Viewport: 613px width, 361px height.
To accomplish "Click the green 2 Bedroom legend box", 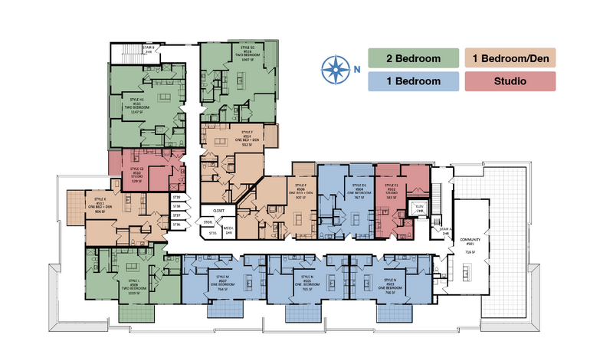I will pyautogui.click(x=414, y=58).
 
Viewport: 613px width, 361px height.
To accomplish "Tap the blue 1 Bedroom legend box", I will pyautogui.click(x=414, y=80).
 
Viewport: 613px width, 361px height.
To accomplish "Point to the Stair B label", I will pyautogui.click(x=149, y=49).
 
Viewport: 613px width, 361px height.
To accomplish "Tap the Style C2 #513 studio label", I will pyautogui.click(x=137, y=174).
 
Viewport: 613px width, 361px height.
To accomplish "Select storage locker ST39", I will pyautogui.click(x=176, y=198).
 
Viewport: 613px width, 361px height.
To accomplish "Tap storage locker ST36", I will pyautogui.click(x=176, y=225).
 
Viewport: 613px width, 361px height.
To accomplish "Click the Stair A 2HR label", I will pyautogui.click(x=444, y=230).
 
